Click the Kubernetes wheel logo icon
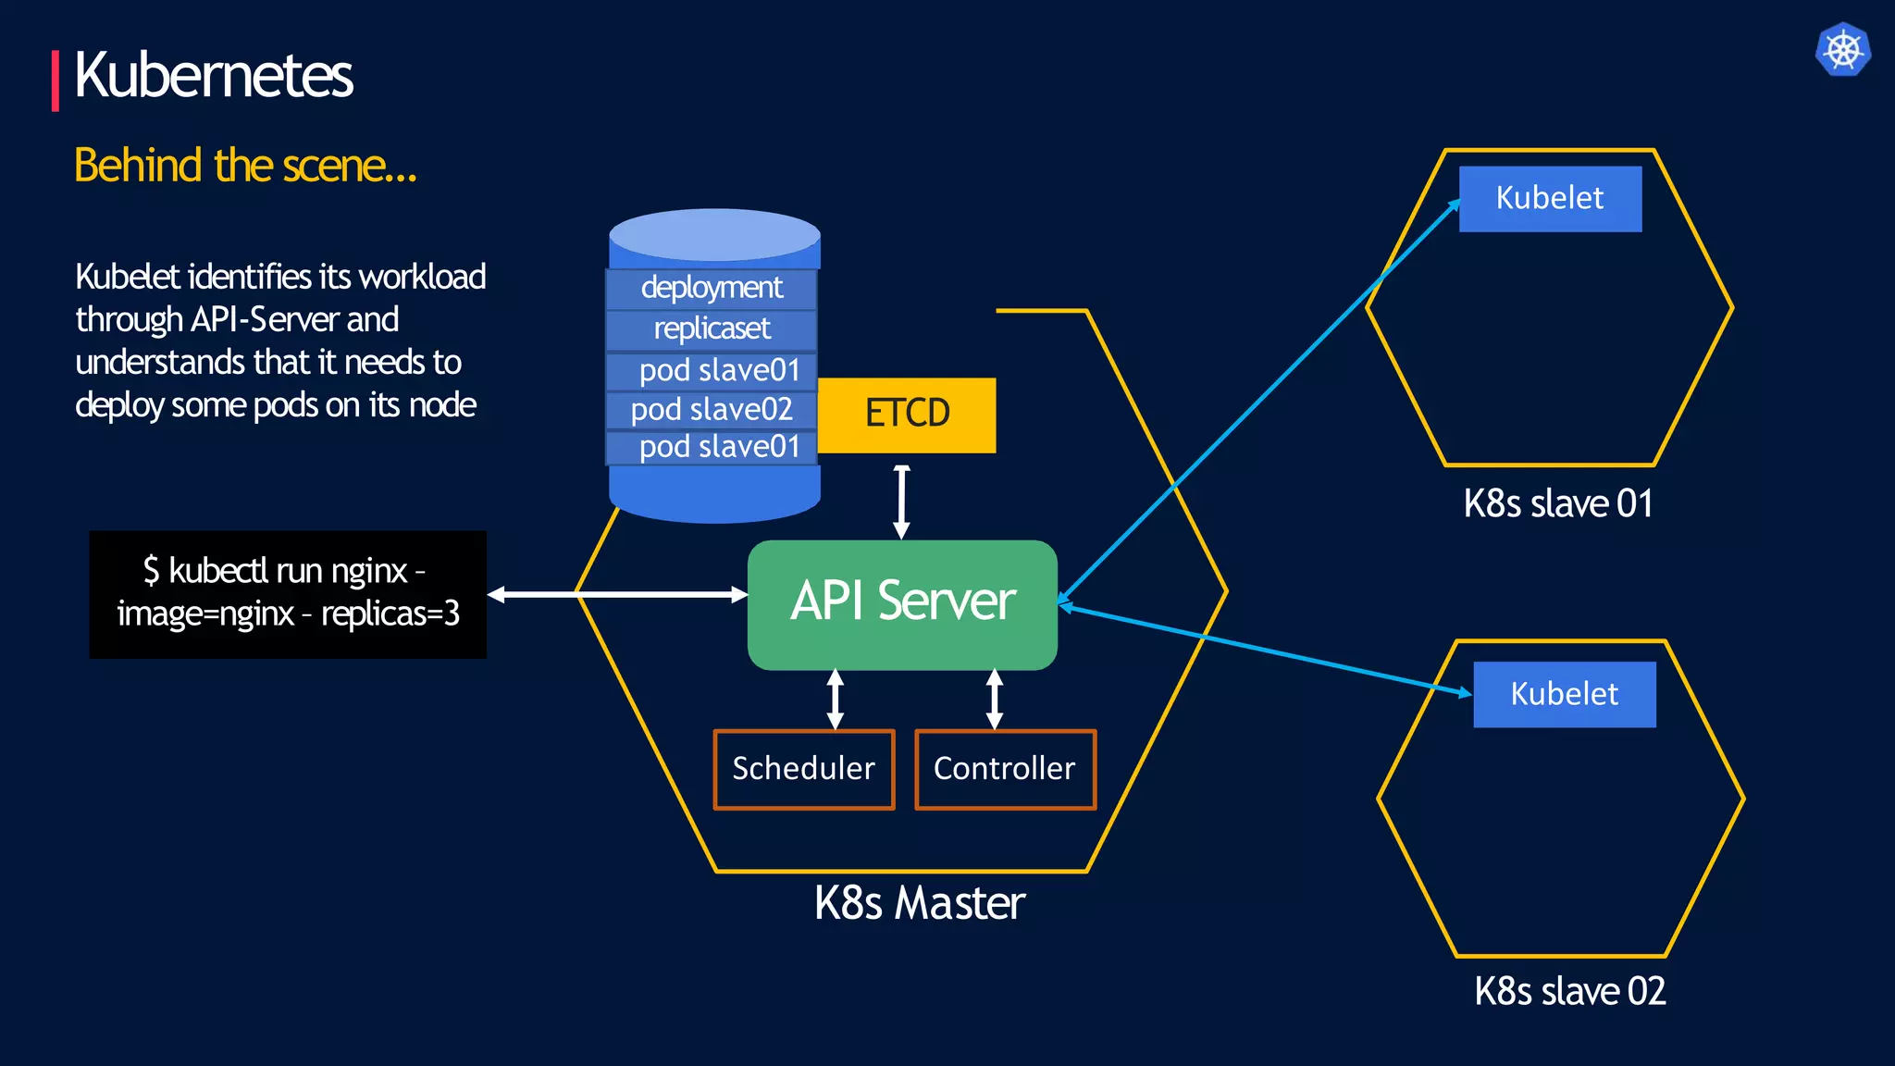tap(1842, 49)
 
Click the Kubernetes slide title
tap(213, 75)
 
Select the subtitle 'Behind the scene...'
tap(245, 166)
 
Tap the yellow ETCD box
tap(907, 414)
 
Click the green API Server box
tap(902, 603)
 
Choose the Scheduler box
tap(803, 769)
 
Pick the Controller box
tap(1005, 769)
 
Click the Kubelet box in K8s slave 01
tap(1550, 198)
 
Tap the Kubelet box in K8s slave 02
tap(1564, 694)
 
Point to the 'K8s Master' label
tap(920, 903)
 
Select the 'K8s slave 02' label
tap(1570, 991)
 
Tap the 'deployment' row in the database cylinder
tap(712, 288)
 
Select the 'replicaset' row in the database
tap(712, 328)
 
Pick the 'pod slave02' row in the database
tap(712, 409)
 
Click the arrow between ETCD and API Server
tap(901, 502)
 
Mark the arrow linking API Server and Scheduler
tap(836, 700)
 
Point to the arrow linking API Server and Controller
tap(995, 700)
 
